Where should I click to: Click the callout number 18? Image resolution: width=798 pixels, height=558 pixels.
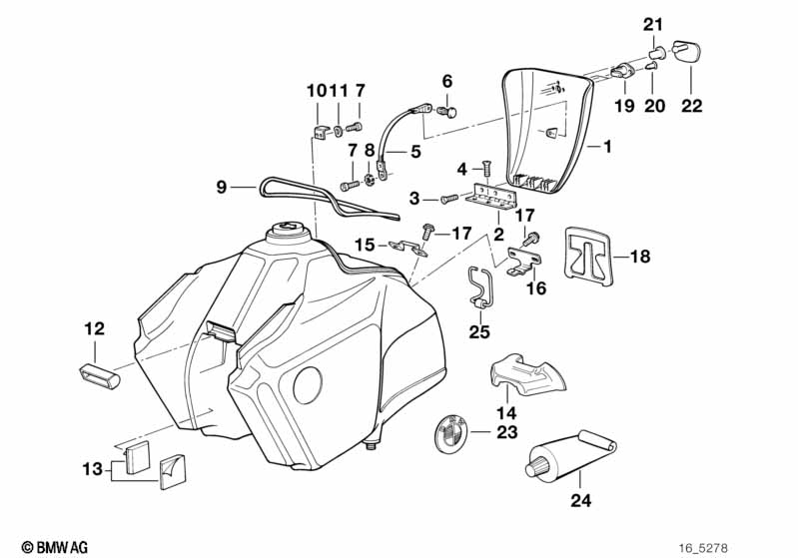click(639, 256)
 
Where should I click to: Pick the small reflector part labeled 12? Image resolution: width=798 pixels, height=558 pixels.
click(98, 375)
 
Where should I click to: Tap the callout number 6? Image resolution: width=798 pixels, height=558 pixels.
click(446, 80)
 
